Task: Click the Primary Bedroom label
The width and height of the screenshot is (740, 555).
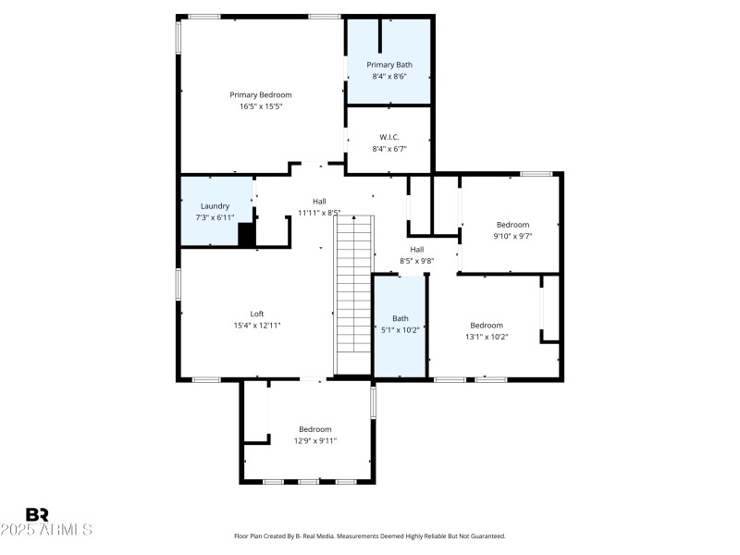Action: pyautogui.click(x=260, y=94)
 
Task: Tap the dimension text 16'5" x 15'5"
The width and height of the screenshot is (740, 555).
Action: pyautogui.click(x=260, y=106)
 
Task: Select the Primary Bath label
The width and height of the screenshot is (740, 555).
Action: pyautogui.click(x=388, y=64)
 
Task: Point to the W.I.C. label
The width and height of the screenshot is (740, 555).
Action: pyautogui.click(x=388, y=137)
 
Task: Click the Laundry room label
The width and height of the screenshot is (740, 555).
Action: pyautogui.click(x=215, y=205)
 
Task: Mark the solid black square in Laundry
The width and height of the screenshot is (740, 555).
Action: pyautogui.click(x=247, y=235)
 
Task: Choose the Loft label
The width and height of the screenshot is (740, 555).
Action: pyautogui.click(x=257, y=314)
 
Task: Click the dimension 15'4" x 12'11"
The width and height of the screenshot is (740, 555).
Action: pyautogui.click(x=257, y=326)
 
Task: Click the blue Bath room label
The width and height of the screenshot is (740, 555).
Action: pyautogui.click(x=400, y=318)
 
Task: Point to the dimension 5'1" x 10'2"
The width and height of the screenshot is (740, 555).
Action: pyautogui.click(x=400, y=329)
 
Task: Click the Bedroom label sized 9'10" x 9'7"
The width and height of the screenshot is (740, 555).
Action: pyautogui.click(x=512, y=225)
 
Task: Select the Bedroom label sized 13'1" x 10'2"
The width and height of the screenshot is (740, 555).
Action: pyautogui.click(x=487, y=325)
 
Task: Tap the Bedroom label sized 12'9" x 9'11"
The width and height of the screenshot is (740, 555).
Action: pyautogui.click(x=314, y=429)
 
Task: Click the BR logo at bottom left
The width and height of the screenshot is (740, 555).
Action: pyautogui.click(x=37, y=514)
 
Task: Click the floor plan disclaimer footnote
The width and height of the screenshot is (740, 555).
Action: pyautogui.click(x=370, y=536)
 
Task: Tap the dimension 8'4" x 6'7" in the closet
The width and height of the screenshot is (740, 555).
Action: pyautogui.click(x=388, y=148)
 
